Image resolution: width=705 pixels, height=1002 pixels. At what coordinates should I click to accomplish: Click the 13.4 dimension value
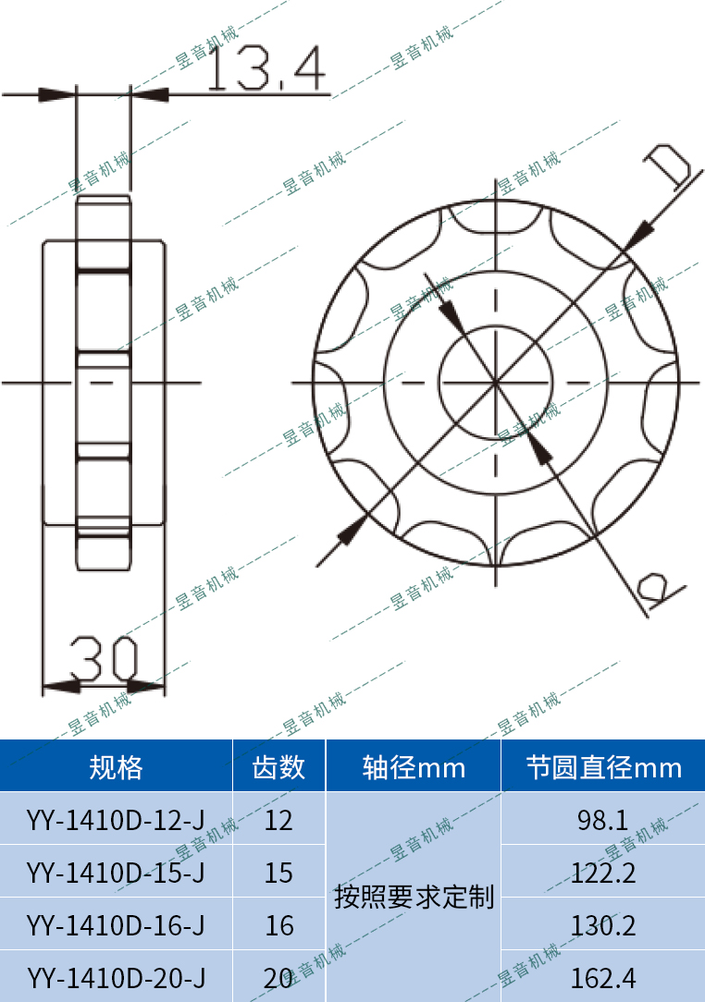[x=266, y=70]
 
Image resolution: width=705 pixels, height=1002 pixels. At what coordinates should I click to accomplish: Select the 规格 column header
[x=116, y=767]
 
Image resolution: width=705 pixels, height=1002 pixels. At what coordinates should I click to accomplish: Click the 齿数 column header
[x=278, y=767]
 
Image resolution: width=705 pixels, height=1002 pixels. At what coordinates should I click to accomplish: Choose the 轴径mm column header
[x=414, y=767]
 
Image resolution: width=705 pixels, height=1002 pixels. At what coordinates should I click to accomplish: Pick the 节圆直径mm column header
[x=603, y=767]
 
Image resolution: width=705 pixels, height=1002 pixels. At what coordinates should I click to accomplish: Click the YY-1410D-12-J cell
[x=116, y=819]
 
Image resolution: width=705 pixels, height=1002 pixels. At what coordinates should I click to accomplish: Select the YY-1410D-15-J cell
[x=116, y=872]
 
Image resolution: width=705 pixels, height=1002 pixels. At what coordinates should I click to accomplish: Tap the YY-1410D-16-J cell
[x=116, y=924]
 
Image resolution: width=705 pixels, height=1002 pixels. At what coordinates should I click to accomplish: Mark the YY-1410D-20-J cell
[x=116, y=977]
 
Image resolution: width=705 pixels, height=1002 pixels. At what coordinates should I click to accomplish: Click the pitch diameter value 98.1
[x=603, y=819]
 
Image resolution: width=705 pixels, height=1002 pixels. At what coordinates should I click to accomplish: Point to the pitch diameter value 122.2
[x=603, y=872]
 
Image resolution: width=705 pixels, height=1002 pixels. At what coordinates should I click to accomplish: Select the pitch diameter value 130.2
[x=603, y=924]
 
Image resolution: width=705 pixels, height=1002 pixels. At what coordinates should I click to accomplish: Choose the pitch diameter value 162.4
[x=603, y=977]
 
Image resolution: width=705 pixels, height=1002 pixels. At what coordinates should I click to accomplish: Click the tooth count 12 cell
[x=278, y=819]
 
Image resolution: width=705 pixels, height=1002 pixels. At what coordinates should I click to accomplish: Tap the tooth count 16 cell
[x=278, y=924]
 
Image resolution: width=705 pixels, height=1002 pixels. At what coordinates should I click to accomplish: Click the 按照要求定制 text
[x=414, y=897]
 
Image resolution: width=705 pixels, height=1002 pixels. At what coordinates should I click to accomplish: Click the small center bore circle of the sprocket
[x=496, y=381]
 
